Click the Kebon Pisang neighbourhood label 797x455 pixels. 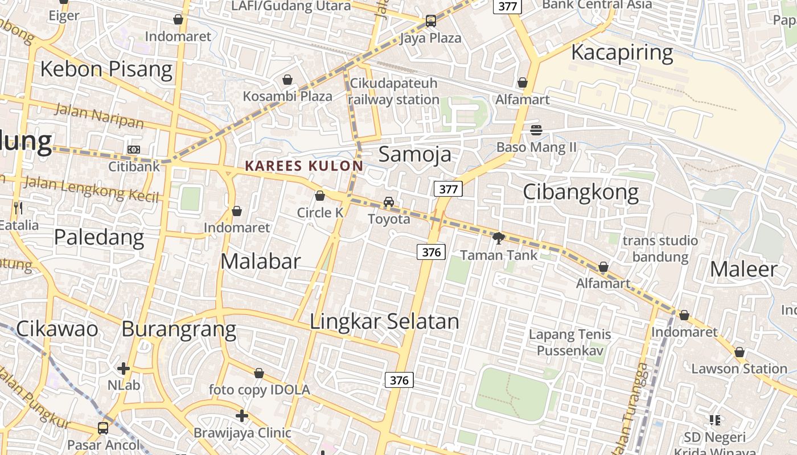106,69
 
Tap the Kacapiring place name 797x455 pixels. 622,52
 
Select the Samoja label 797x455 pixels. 414,154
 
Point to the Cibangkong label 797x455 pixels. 581,192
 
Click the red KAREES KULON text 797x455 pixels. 303,166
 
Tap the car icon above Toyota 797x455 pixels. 389,202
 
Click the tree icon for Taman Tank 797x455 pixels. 499,238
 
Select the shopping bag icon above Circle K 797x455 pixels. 320,196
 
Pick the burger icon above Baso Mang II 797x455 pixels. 536,130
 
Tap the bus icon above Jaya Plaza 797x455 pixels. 431,22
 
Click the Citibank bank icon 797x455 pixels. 134,150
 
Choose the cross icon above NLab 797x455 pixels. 124,369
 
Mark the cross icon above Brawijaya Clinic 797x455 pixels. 242,416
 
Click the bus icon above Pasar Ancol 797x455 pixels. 103,428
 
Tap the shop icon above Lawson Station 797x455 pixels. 739,353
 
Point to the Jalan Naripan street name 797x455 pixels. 99,116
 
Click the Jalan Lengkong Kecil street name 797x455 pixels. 91,188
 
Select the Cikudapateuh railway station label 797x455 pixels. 394,92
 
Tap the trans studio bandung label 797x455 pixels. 660,249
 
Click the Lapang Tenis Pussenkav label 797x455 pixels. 570,342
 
